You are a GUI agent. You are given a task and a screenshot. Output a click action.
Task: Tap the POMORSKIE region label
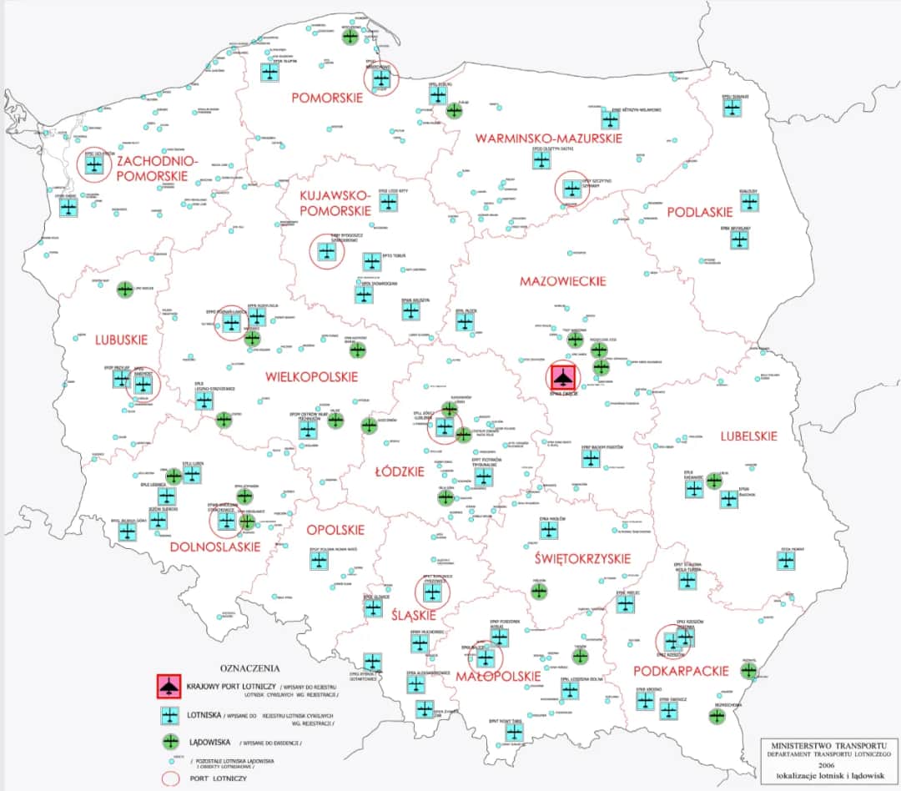[x=327, y=98]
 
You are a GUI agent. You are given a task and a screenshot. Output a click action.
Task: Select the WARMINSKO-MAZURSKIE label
[x=547, y=138]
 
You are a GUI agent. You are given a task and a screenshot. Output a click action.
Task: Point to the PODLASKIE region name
[x=699, y=213]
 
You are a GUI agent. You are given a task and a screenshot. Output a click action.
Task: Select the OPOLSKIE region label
[x=335, y=530]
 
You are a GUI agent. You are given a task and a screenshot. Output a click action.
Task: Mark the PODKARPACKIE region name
[x=682, y=671]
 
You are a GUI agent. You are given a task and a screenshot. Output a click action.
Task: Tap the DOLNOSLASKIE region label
[x=214, y=547]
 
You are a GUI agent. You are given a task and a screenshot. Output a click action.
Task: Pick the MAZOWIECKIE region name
[x=562, y=281]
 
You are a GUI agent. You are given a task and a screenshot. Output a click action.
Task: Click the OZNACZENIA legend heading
[x=250, y=668]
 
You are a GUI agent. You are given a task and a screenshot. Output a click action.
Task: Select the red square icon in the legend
[x=170, y=686]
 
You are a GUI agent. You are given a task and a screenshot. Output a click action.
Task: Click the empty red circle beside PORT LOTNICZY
[x=171, y=778]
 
